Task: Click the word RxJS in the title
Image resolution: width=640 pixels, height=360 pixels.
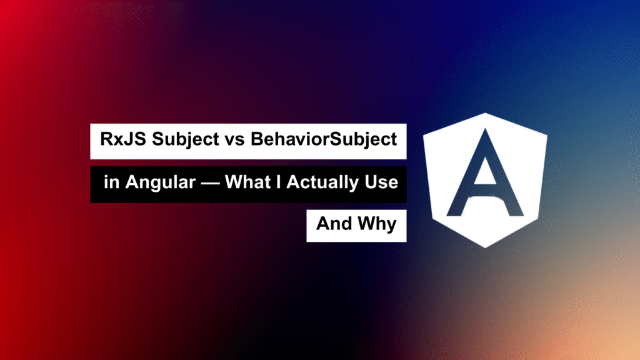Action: pos(123,139)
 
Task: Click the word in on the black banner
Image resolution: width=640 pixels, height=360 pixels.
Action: pos(111,182)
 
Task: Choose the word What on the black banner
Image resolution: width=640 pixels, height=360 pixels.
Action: pos(247,182)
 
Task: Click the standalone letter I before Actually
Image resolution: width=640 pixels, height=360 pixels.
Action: pos(278,182)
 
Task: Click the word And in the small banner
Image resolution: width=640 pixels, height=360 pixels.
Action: pos(334,224)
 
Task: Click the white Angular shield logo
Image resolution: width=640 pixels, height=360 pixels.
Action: pos(485,180)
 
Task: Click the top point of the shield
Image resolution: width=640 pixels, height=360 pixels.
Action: pos(485,113)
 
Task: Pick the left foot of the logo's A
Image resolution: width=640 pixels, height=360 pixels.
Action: pos(454,212)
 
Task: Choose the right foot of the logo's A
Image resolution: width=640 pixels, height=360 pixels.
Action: pos(516,212)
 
